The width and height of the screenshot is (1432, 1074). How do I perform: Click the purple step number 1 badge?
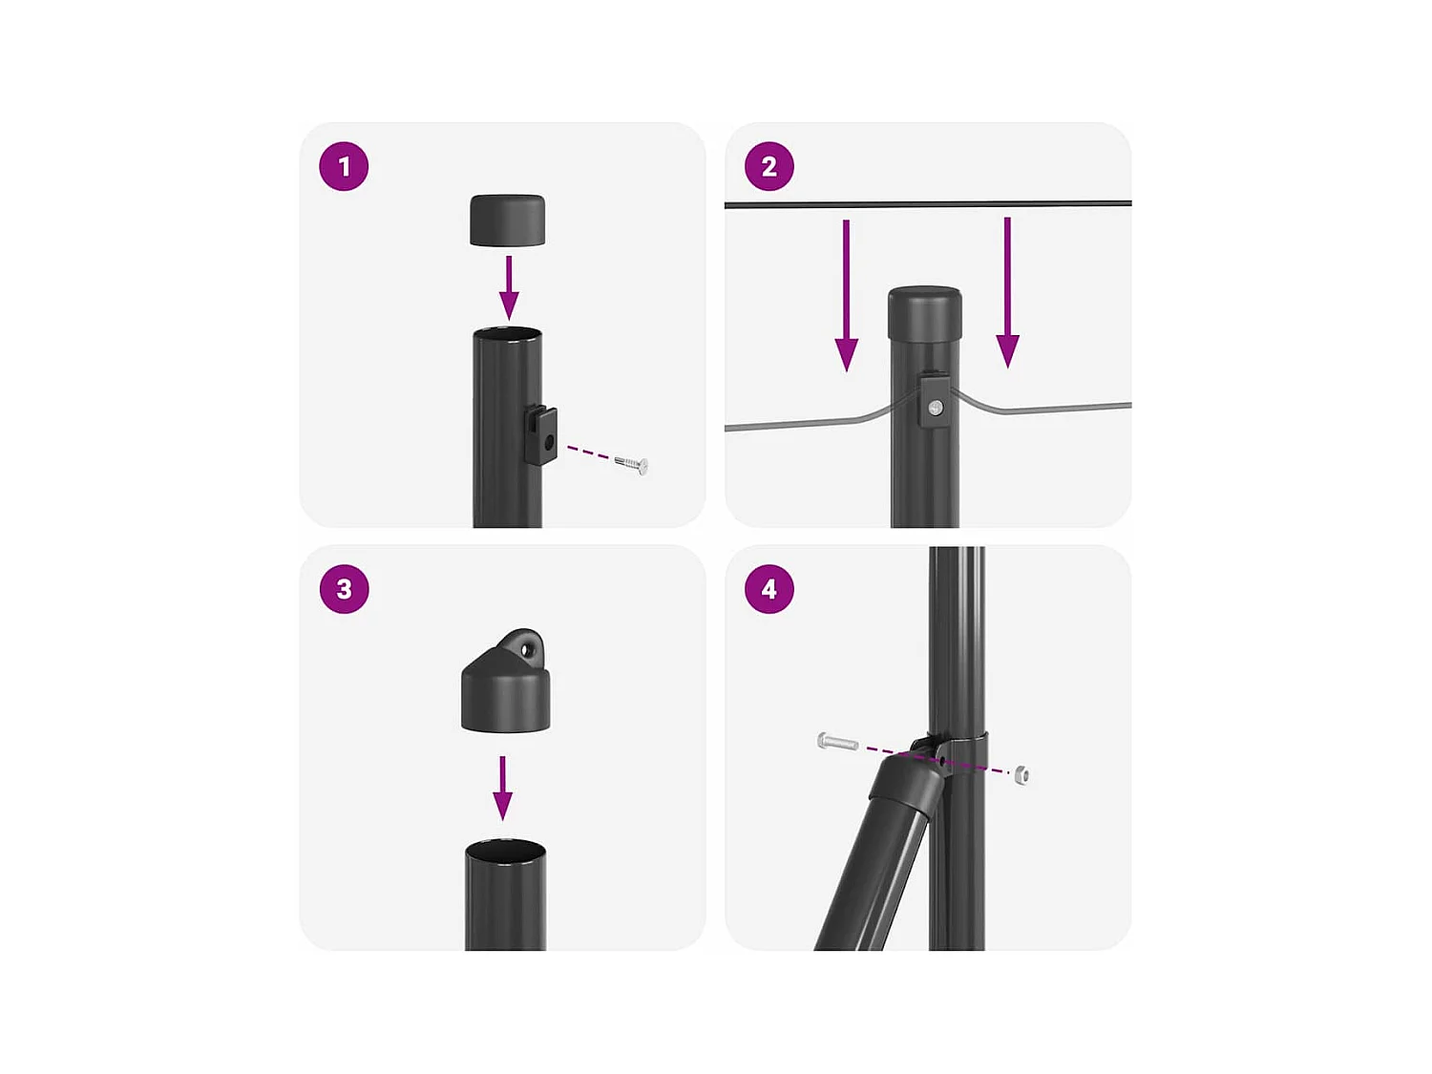344,166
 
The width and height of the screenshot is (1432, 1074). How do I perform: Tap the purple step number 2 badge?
769,166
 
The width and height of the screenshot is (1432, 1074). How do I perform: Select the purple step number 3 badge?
344,589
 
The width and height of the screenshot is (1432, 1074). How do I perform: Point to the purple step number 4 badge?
769,589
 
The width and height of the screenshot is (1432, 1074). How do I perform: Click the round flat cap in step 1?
508,221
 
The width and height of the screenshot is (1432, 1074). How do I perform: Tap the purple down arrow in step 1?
509,287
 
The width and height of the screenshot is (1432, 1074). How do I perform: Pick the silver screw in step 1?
632,464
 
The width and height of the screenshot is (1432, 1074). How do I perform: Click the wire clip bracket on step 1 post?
541,435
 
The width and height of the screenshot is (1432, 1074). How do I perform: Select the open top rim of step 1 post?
507,334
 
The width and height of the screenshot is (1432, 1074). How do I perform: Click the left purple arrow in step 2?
846,295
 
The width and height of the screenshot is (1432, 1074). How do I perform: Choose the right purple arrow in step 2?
1007,293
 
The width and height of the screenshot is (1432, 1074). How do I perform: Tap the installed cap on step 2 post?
925,312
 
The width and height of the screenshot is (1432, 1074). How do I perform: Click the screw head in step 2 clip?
937,409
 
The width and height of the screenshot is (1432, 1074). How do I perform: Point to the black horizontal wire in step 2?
928,204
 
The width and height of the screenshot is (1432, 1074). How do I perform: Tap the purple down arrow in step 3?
502,788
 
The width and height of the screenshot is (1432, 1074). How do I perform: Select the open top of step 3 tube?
506,849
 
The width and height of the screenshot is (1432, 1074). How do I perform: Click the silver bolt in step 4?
837,742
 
